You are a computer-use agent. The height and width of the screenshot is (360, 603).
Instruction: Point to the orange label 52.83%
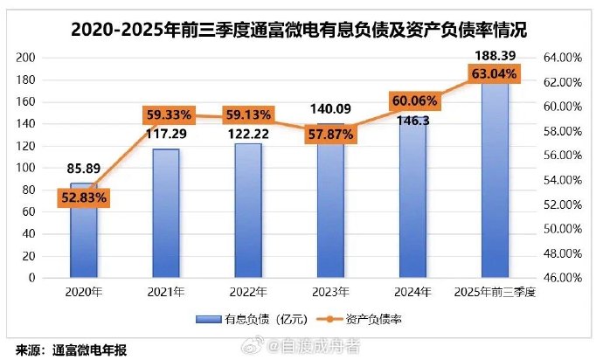click(84, 197)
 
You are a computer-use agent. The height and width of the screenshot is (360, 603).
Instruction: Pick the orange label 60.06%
click(413, 100)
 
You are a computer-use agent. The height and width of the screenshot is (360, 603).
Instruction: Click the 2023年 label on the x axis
click(330, 292)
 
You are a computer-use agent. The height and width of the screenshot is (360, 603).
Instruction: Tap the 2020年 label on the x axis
click(84, 292)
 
